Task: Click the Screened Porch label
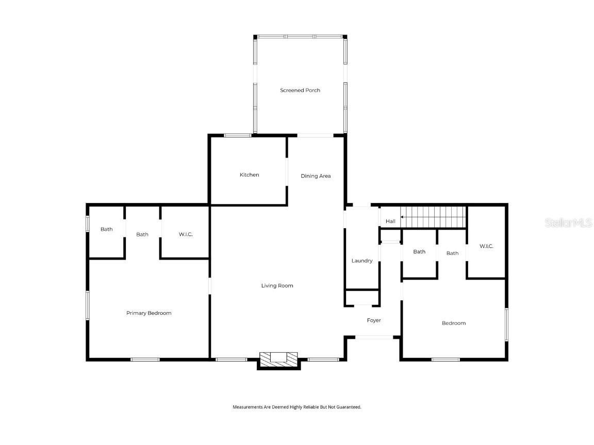pyautogui.click(x=300, y=90)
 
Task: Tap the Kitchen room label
pyautogui.click(x=249, y=175)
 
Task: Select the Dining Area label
pyautogui.click(x=316, y=176)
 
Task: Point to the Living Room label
pyautogui.click(x=277, y=285)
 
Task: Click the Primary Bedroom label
pyautogui.click(x=149, y=313)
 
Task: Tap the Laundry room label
pyautogui.click(x=362, y=261)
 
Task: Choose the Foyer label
pyautogui.click(x=374, y=320)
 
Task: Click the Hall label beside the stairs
pyautogui.click(x=390, y=221)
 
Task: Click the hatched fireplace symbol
pyautogui.click(x=278, y=360)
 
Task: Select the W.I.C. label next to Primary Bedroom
pyautogui.click(x=186, y=234)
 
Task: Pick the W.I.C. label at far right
pyautogui.click(x=486, y=246)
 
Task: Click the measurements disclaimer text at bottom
pyautogui.click(x=297, y=407)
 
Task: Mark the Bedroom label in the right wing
pyautogui.click(x=454, y=323)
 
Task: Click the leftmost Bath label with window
pyautogui.click(x=107, y=229)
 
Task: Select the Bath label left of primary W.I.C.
pyautogui.click(x=142, y=234)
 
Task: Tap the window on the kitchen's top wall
pyautogui.click(x=238, y=135)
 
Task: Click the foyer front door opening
pyautogui.click(x=374, y=337)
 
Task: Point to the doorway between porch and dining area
pyautogui.click(x=316, y=135)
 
